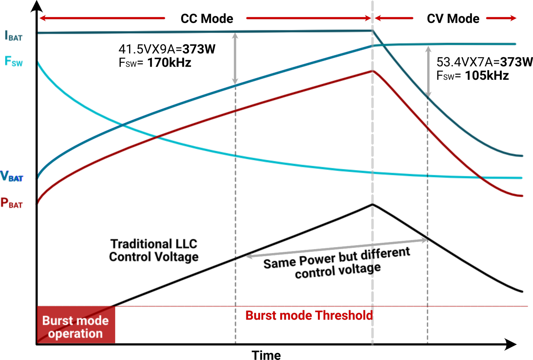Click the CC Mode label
(206, 19)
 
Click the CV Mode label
(453, 19)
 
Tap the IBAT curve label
(13, 36)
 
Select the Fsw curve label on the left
(13, 62)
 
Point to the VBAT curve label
(12, 176)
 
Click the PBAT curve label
(11, 203)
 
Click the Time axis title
(266, 354)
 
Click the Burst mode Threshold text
(309, 315)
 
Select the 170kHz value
(169, 62)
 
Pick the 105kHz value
(486, 75)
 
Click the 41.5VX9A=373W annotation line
(167, 49)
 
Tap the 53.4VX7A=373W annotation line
(484, 62)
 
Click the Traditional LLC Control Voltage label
(154, 250)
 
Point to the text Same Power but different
(336, 257)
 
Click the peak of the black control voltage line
(372, 204)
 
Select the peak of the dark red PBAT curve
(372, 71)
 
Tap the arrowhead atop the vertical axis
(37, 6)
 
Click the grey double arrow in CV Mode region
(428, 71)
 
